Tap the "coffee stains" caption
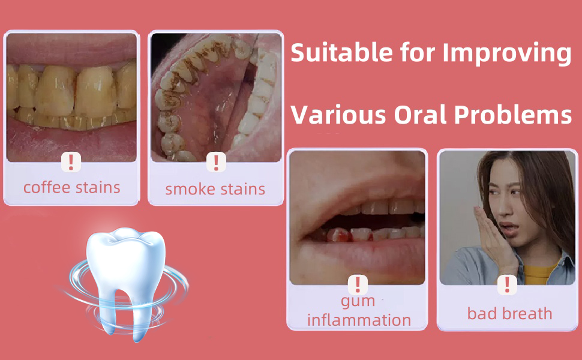click(x=72, y=187)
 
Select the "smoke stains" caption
click(x=215, y=189)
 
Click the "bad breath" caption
click(x=509, y=313)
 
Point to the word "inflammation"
click(x=359, y=319)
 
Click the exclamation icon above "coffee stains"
click(x=71, y=161)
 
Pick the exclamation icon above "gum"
click(x=358, y=284)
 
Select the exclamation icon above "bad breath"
click(x=507, y=284)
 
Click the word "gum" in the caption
click(x=358, y=300)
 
